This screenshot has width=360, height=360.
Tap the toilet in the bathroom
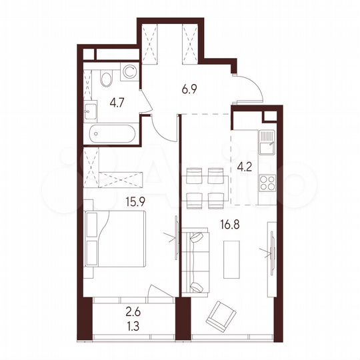[127, 73]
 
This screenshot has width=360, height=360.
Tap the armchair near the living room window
[221, 316]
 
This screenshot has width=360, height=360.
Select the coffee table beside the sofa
[230, 257]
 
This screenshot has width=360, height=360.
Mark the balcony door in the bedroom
[160, 293]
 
